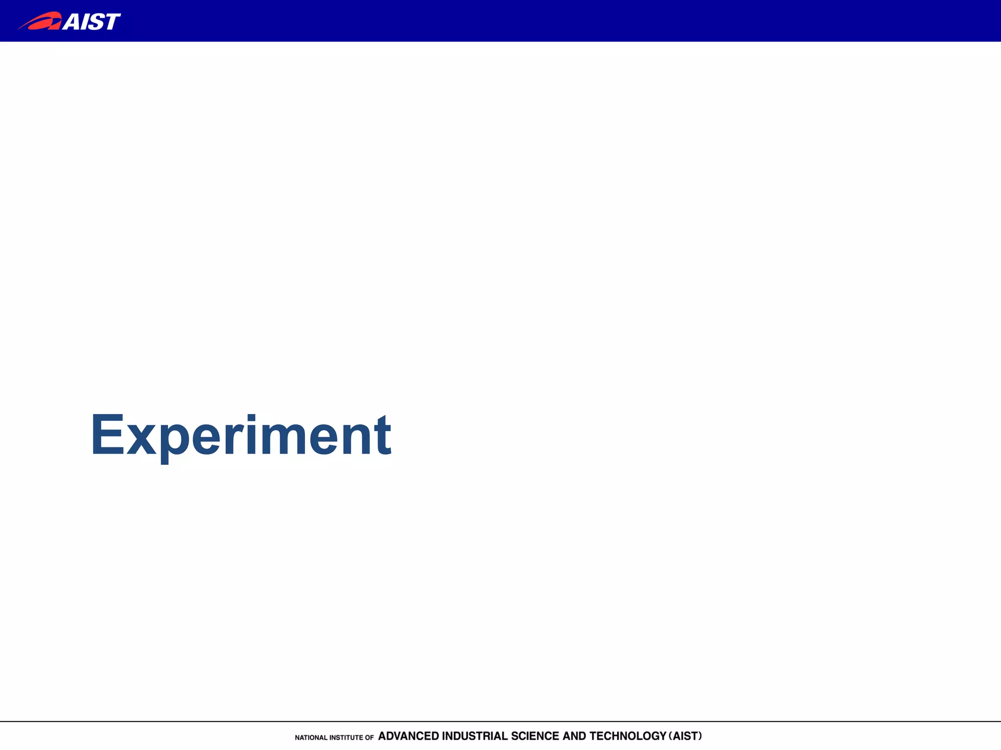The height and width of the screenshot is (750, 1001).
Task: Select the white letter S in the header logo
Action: click(94, 22)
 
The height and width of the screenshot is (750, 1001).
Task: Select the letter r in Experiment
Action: click(234, 439)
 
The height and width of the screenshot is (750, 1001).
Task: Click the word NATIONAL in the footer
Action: click(311, 738)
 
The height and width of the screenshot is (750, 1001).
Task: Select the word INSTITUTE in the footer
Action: click(346, 738)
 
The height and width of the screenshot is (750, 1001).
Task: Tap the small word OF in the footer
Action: click(370, 738)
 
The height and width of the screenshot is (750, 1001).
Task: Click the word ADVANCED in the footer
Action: click(409, 736)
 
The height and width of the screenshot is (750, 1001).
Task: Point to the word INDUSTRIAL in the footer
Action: click(475, 736)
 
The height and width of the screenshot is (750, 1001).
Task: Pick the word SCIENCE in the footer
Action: click(535, 736)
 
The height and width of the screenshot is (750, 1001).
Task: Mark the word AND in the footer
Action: click(574, 736)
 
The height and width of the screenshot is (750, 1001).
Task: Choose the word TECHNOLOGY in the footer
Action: click(628, 736)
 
